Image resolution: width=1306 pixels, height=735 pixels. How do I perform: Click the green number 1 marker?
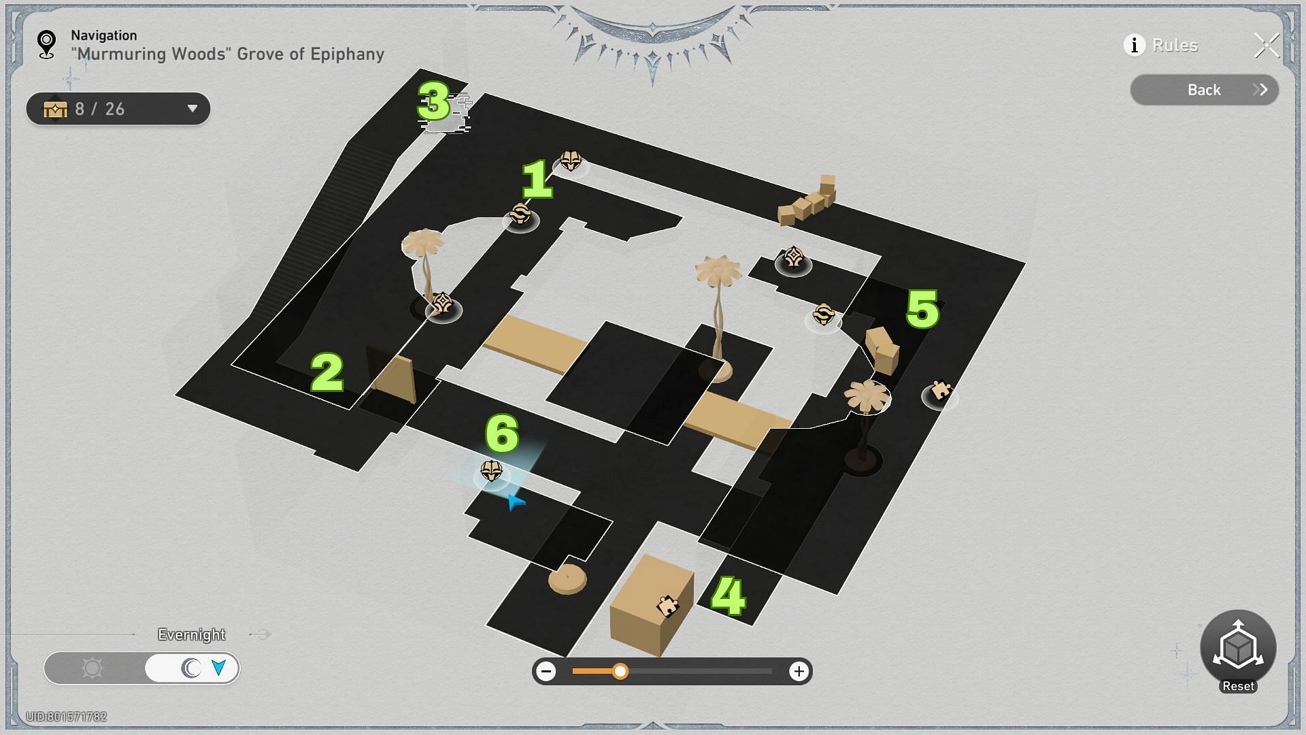pos(537,179)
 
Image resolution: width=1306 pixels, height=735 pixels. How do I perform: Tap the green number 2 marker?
pos(327,372)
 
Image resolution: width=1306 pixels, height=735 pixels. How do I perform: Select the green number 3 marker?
pos(434,101)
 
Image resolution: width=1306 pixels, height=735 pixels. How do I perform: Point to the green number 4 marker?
pos(728,596)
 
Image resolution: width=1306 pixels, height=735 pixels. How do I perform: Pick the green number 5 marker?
pos(923,309)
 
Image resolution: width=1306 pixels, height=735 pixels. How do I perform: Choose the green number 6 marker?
pos(502,434)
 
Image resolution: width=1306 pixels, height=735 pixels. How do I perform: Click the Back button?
pos(1205,90)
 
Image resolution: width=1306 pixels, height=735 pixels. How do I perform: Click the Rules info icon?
pos(1134,45)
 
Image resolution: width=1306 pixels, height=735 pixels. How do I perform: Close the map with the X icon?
pos(1267,46)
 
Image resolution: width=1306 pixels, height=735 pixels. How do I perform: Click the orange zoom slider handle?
pos(620,672)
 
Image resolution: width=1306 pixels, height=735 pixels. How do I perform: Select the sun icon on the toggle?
pos(93,668)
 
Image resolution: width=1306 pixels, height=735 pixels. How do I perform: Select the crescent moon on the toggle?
pos(191,668)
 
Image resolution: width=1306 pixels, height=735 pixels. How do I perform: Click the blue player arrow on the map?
pos(516,502)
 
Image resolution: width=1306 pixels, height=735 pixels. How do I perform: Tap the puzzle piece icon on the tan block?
pos(667,606)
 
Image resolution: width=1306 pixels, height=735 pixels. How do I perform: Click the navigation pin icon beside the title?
pos(46,44)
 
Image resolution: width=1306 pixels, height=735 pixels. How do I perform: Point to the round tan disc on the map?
pos(567,579)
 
